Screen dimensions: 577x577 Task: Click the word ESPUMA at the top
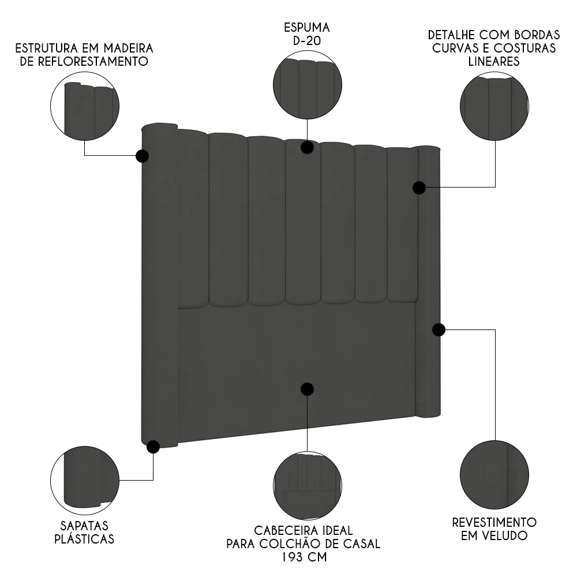click(x=307, y=27)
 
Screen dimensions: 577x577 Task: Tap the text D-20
click(x=307, y=41)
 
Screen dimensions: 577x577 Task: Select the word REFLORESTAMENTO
click(x=84, y=61)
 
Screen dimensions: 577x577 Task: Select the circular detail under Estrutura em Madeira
click(x=85, y=107)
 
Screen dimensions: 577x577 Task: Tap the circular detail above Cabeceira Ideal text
click(x=307, y=485)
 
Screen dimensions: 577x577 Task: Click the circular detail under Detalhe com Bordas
click(x=494, y=106)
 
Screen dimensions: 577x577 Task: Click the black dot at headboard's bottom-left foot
click(x=153, y=446)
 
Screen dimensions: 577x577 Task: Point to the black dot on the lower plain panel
click(x=307, y=389)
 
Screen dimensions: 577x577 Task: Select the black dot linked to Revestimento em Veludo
click(x=439, y=329)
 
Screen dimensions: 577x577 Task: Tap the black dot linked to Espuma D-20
click(x=307, y=147)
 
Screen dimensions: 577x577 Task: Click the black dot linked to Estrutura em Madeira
click(x=142, y=156)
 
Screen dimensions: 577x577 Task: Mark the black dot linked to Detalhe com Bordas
click(x=419, y=188)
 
